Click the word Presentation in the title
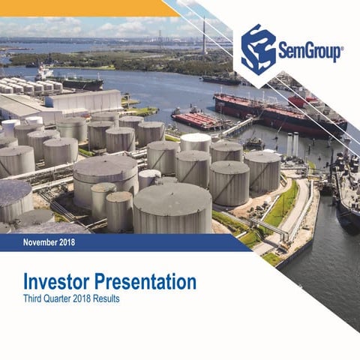coord(149,283)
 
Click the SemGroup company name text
coord(310,52)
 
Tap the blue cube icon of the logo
coord(259,49)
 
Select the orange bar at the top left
coord(82,7)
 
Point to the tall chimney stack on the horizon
coord(203,34)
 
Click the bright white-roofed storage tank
coord(196,141)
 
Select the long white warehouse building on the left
coord(82,100)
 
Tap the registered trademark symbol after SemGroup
coord(342,48)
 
